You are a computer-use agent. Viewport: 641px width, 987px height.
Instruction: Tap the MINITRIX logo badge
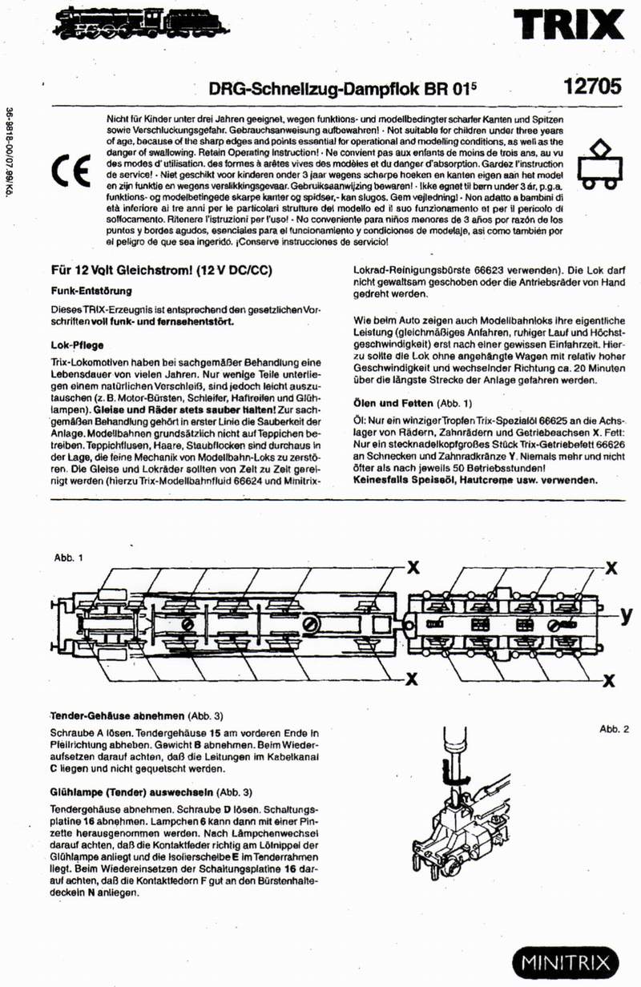pyautogui.click(x=566, y=961)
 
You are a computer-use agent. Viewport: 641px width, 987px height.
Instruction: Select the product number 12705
pyautogui.click(x=592, y=87)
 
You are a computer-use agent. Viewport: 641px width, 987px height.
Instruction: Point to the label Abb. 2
pyautogui.click(x=614, y=729)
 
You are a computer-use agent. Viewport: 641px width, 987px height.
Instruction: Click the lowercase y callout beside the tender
pyautogui.click(x=626, y=615)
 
